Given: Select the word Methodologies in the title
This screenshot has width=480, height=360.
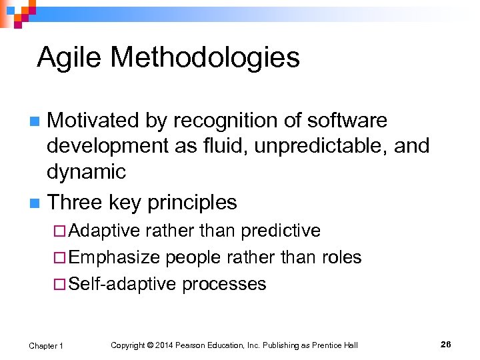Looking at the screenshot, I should [x=205, y=58].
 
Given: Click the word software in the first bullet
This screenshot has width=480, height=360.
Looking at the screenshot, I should [x=347, y=121].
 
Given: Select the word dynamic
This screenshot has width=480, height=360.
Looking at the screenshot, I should [x=86, y=172].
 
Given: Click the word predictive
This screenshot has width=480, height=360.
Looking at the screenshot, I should [x=280, y=231].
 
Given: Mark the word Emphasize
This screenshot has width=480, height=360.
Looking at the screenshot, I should [x=114, y=257].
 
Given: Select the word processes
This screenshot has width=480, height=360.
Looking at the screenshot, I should [x=224, y=284].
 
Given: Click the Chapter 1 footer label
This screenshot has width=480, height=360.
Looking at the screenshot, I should [x=46, y=345].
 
